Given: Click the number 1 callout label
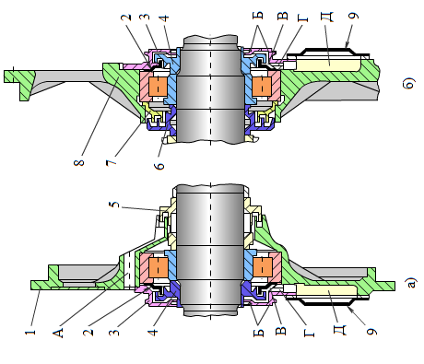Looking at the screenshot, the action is [30, 332].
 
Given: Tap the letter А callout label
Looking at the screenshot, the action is [58, 333].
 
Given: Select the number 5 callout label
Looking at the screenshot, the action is [114, 205].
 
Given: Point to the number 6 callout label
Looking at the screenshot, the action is [159, 166].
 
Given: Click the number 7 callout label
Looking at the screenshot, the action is [112, 162].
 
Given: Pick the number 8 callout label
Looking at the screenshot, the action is [79, 162].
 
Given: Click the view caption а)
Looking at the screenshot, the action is [411, 282].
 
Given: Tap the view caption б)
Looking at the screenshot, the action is [408, 83].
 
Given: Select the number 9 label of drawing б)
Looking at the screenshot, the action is [353, 16].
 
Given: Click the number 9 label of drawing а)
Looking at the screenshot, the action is [371, 332].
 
